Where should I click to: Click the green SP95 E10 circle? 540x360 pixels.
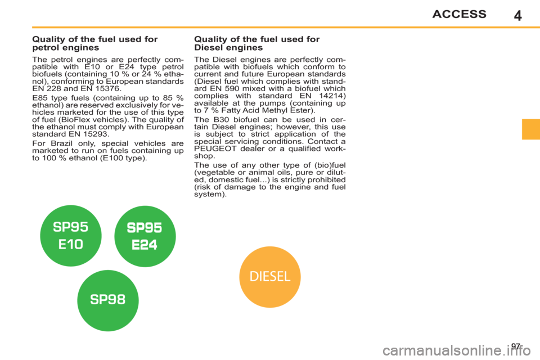pos(71,236)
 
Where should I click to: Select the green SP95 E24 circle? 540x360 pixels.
pos(145,236)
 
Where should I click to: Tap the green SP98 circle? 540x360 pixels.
pos(108,300)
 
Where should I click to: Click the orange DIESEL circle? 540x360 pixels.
pos(270,277)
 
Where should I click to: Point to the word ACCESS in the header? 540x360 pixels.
pos(460,14)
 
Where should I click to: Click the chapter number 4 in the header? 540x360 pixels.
pos(517,16)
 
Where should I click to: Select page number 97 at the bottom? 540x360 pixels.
pos(516,346)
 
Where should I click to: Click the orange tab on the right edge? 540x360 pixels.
pos(531,129)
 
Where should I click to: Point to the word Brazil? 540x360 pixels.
pos(62,143)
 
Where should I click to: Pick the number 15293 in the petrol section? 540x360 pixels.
pos(93,134)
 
